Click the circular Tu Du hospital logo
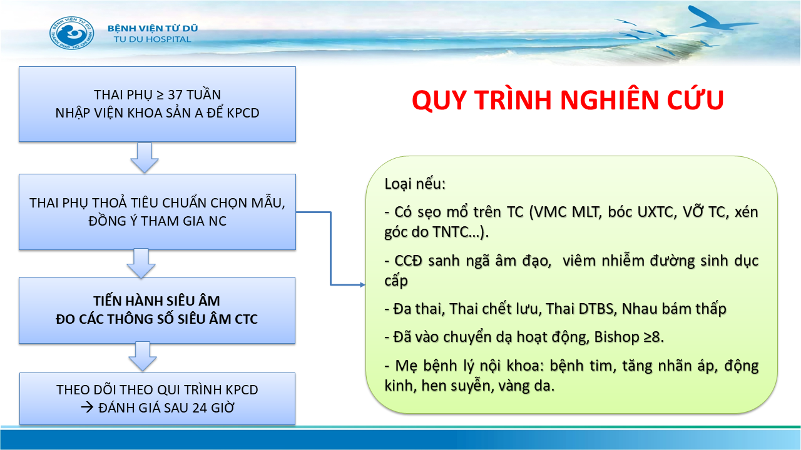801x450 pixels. (72, 33)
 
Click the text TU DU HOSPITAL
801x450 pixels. (152, 39)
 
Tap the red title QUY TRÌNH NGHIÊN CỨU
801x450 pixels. (568, 100)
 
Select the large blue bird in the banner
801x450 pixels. (719, 19)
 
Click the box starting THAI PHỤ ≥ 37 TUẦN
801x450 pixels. (157, 104)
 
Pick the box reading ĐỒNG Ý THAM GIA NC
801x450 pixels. (157, 212)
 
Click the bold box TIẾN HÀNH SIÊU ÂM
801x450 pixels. (157, 310)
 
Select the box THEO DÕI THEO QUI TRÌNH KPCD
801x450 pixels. (157, 399)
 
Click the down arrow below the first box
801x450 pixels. (145, 158)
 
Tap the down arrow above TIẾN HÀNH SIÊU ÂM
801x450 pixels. (141, 264)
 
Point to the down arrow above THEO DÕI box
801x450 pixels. (142, 356)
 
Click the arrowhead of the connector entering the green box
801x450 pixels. (362, 284)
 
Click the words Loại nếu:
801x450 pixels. (415, 184)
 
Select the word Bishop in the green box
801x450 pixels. (617, 337)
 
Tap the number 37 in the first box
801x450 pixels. (175, 94)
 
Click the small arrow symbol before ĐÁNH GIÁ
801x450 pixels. (87, 407)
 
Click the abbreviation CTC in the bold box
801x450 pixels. (246, 319)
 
